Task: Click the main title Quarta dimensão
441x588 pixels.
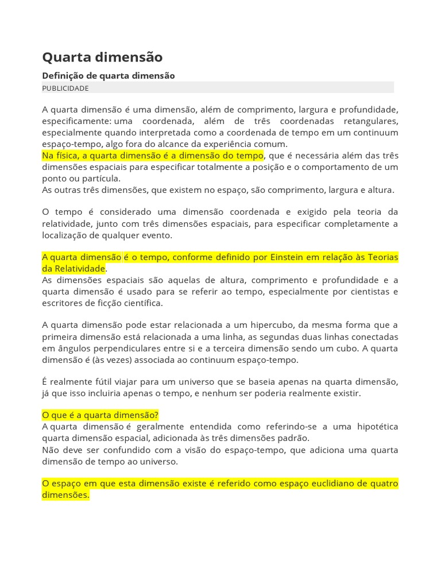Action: (x=102, y=57)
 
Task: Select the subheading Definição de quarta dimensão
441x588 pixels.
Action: (x=109, y=76)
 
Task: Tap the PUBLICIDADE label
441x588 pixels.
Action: (x=65, y=88)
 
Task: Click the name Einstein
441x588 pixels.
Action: (x=286, y=257)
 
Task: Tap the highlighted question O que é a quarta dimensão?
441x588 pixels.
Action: (x=100, y=415)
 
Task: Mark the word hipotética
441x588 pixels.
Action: (x=377, y=427)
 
